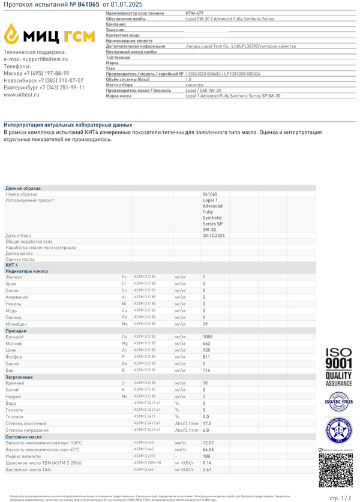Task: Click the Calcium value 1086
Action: tap(208, 337)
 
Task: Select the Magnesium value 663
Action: tap(206, 344)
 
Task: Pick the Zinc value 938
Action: tap(206, 350)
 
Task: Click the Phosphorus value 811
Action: tap(206, 357)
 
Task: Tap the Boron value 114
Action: tap(206, 370)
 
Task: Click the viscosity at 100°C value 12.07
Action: tap(208, 443)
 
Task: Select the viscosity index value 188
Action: tap(206, 456)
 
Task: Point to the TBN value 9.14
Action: tap(206, 462)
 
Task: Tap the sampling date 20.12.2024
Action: tap(213, 236)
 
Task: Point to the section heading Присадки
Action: tap(16, 330)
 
